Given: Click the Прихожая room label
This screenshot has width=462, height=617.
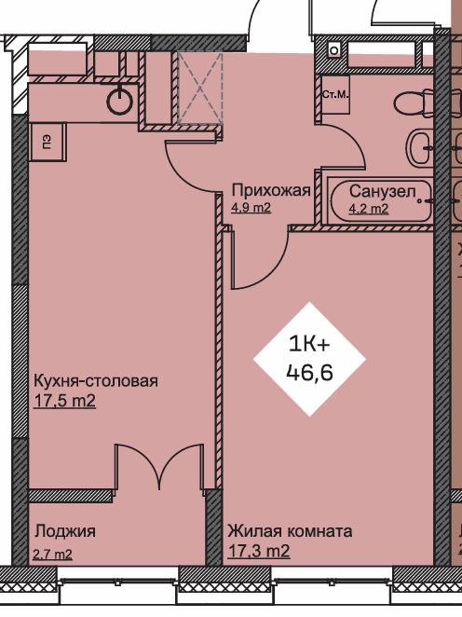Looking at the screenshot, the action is coord(271,190).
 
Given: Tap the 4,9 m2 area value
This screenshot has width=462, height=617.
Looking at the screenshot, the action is coord(251,207).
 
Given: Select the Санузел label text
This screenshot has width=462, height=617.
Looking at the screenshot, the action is coord(382,192).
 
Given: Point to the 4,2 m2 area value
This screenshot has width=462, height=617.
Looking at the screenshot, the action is coord(369,208).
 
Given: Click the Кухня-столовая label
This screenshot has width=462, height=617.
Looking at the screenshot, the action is coord(96,381).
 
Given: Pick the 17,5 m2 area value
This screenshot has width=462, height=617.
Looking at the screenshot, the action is coord(65,401).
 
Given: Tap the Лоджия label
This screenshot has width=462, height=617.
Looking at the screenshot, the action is coord(65,531).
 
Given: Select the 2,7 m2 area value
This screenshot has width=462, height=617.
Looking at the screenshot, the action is coord(53,555).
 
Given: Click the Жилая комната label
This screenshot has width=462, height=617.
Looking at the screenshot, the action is coord(290,531).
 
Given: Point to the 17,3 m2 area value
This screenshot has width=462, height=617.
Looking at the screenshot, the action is coord(259,551).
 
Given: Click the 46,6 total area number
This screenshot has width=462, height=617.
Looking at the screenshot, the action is coord(310,372).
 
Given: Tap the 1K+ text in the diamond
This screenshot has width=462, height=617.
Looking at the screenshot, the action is coord(309,344).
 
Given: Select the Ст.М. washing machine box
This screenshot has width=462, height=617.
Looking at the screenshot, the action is coord(335,95).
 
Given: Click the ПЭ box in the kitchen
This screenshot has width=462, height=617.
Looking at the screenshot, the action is coord(48,142).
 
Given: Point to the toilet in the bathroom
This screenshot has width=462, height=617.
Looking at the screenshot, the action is coord(414,103).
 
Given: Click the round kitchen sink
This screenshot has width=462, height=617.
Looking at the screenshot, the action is coord(119,102).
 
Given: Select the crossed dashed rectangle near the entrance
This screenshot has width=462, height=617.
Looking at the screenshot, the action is coord(200,89).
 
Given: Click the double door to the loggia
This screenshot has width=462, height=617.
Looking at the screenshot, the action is coord(159,468).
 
